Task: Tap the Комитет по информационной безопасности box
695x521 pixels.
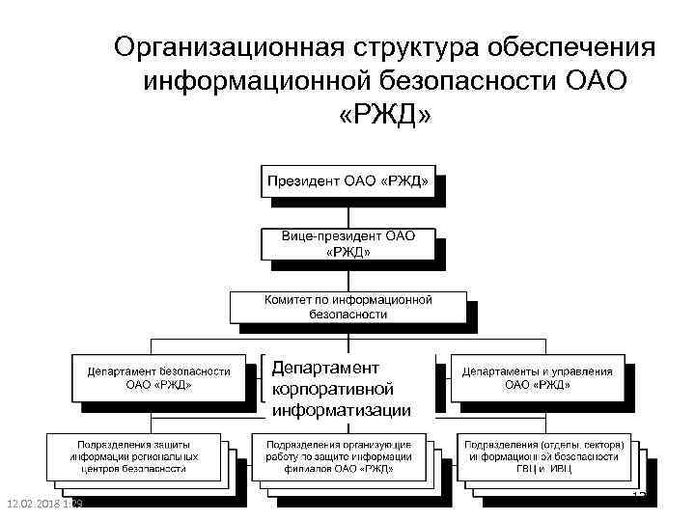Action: (x=347, y=307)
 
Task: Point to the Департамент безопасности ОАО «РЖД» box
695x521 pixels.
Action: (x=158, y=377)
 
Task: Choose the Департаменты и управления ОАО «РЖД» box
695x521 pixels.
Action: (x=537, y=377)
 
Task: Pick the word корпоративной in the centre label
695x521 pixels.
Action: (x=332, y=390)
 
